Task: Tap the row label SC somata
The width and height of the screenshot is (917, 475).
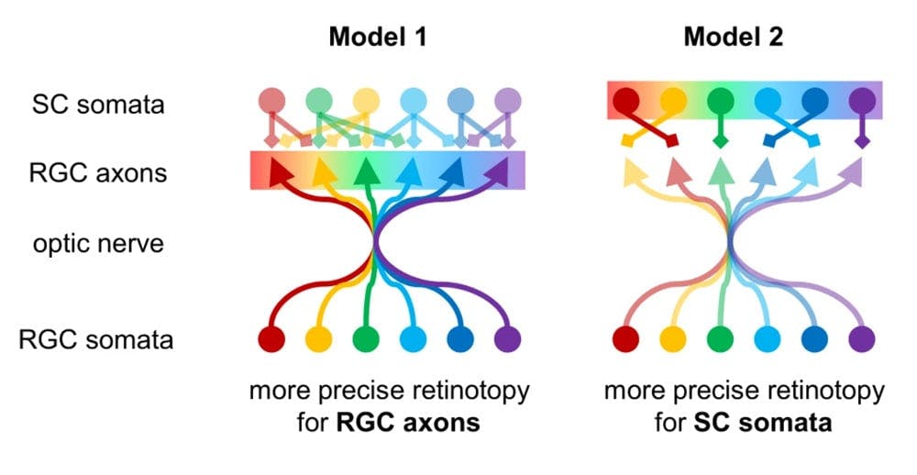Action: click(96, 104)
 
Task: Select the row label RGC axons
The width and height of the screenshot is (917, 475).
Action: click(96, 171)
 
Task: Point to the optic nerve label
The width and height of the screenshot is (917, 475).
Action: click(96, 244)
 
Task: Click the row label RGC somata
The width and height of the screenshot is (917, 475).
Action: click(96, 340)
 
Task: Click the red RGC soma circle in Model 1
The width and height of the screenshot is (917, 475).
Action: click(271, 338)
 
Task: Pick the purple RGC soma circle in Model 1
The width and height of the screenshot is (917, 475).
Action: click(506, 338)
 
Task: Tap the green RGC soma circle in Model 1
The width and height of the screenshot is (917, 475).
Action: click(366, 338)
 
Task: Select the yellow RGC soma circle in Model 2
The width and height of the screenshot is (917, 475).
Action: click(673, 338)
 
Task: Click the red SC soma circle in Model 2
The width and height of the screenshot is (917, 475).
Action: click(626, 98)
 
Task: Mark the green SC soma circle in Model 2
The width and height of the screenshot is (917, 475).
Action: click(721, 98)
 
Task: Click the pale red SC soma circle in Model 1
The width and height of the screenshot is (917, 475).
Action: click(271, 99)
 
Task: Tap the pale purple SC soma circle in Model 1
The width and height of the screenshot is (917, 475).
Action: click(506, 99)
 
